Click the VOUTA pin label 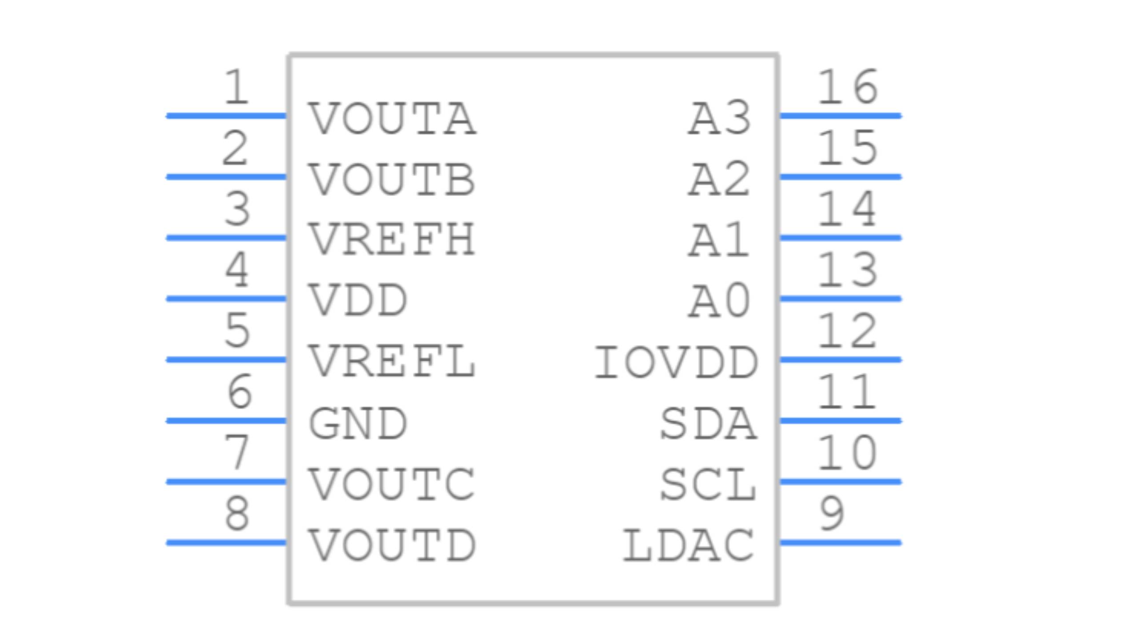pyautogui.click(x=392, y=119)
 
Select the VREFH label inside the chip pyautogui.click(x=392, y=240)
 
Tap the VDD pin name pyautogui.click(x=358, y=300)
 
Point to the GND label pyautogui.click(x=358, y=424)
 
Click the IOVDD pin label pyautogui.click(x=676, y=363)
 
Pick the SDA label pyautogui.click(x=708, y=424)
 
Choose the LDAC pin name pyautogui.click(x=688, y=545)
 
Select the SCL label pyautogui.click(x=708, y=484)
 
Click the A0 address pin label pyautogui.click(x=720, y=301)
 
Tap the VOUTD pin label pyautogui.click(x=392, y=545)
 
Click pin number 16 pyautogui.click(x=847, y=87)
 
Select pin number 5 pyautogui.click(x=237, y=330)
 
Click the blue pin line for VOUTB pyautogui.click(x=226, y=177)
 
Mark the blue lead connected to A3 pyautogui.click(x=840, y=116)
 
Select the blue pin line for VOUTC pyautogui.click(x=226, y=481)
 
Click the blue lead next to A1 pyautogui.click(x=840, y=238)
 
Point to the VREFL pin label pyautogui.click(x=392, y=362)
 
